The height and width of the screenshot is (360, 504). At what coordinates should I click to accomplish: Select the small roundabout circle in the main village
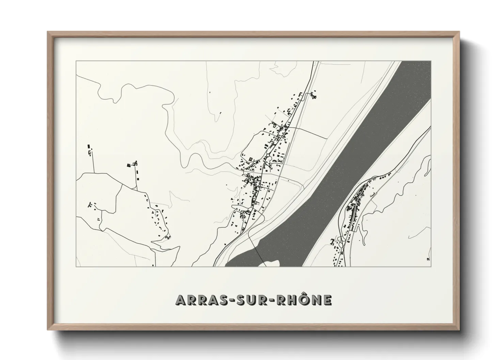[268, 156]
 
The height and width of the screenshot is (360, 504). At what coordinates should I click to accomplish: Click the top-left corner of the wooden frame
[48, 32]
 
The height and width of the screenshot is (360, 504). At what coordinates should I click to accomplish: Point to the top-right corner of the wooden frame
[458, 32]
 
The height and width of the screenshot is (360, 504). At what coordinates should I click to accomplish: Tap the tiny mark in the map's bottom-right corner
[428, 260]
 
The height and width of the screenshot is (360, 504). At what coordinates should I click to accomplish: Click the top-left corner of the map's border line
[76, 61]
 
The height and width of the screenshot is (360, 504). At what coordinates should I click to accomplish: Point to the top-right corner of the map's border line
[431, 61]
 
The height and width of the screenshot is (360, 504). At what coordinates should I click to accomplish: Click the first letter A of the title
[180, 300]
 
